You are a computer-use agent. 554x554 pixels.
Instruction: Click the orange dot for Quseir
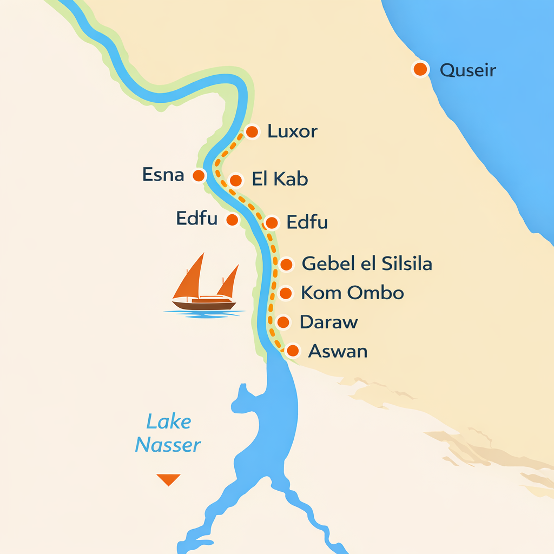point(420,69)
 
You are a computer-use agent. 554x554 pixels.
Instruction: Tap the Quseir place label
point(467,70)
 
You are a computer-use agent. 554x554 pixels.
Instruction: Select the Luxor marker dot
point(252,131)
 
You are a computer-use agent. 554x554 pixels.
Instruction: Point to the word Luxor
point(292,131)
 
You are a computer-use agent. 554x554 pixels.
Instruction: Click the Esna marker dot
point(199,175)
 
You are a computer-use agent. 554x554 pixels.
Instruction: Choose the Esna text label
point(163,175)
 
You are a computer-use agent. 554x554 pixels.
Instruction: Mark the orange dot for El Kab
point(236,180)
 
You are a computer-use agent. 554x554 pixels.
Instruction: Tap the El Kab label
point(280,180)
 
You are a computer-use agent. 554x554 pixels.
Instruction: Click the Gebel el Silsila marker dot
point(286,265)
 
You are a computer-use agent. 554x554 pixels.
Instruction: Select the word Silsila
point(406,264)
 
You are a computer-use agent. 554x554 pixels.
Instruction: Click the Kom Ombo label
point(352,293)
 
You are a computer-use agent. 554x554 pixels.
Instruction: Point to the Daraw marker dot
point(283,322)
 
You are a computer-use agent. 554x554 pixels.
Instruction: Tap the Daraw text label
point(328,322)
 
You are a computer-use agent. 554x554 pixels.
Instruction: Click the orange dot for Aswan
point(293,351)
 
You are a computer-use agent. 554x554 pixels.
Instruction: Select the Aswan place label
point(338,351)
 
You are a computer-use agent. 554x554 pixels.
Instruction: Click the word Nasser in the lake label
point(168,445)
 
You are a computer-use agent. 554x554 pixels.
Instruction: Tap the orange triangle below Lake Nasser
point(168,479)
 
